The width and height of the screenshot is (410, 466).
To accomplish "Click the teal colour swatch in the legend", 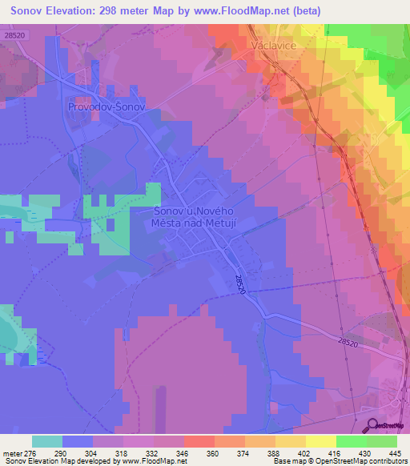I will click(46, 442).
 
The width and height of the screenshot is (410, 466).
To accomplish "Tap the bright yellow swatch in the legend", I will click(320, 442).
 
